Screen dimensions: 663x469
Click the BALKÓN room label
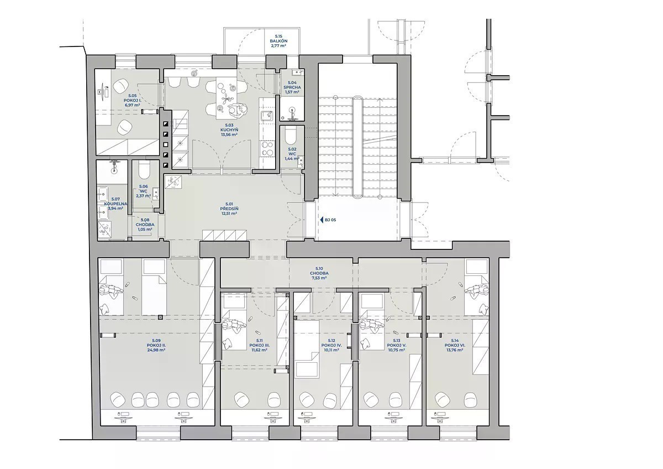point(278,41)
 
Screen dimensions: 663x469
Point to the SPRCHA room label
point(292,87)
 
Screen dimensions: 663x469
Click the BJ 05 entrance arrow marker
point(322,220)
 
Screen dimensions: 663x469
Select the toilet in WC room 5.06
point(144,170)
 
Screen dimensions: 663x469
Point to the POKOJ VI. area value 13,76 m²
point(454,350)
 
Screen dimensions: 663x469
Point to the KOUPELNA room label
point(115,204)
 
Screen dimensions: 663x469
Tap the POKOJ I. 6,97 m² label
point(132,101)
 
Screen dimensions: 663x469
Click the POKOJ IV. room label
point(331,346)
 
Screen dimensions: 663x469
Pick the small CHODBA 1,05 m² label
point(145,225)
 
